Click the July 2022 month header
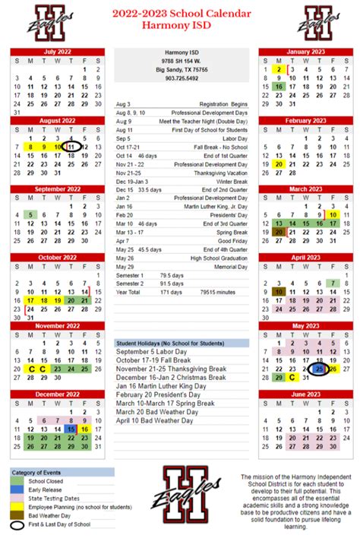pos(58,52)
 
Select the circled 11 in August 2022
pos(71,147)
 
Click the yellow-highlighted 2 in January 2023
pos(279,69)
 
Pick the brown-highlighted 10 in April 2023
pos(279,291)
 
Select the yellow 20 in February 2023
pos(279,164)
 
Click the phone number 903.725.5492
pos(181,78)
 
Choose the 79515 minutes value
pos(216,291)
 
